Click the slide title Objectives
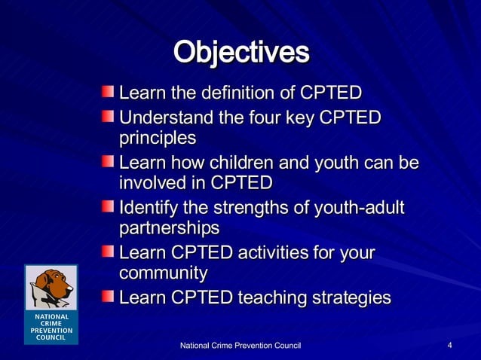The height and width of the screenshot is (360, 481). click(241, 53)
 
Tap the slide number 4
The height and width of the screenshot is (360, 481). click(449, 345)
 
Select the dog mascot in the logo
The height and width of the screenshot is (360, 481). click(50, 286)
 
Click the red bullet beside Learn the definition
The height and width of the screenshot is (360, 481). click(109, 93)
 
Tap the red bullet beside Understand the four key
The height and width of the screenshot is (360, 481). click(109, 117)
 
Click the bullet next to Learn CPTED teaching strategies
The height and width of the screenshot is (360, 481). click(109, 297)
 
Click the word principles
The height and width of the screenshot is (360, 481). click(158, 139)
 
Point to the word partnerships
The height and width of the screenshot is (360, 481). click(169, 228)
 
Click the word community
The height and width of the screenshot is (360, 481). click(163, 273)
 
